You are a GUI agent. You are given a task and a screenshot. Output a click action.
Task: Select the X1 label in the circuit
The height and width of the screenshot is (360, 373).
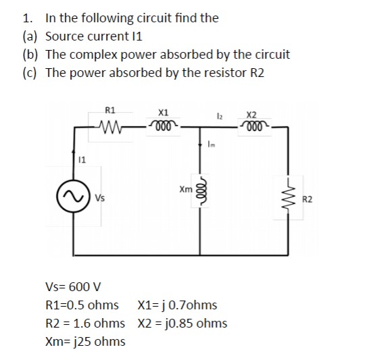162,111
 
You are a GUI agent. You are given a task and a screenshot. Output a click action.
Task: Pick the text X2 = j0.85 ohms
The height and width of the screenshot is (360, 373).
182,323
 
